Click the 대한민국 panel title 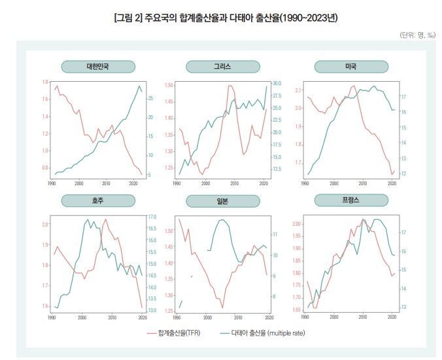(98, 66)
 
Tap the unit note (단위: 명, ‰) (417, 35)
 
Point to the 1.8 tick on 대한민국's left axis (44, 82)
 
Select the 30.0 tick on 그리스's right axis (277, 83)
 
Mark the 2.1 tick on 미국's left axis (298, 90)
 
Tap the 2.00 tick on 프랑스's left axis (297, 224)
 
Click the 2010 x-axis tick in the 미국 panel (362, 185)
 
